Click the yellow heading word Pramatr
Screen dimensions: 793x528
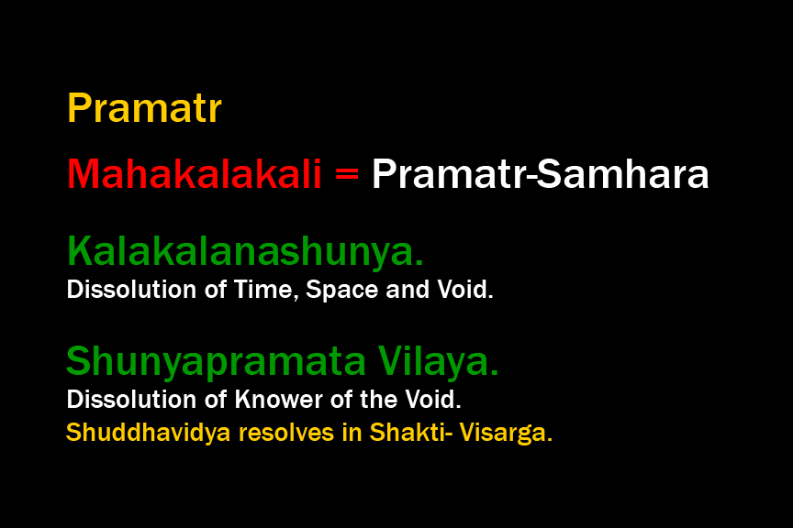[x=144, y=108]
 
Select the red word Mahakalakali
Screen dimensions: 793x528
[x=195, y=174]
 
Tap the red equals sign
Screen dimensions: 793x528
[x=347, y=174]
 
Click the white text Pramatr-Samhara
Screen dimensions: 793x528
[x=540, y=174]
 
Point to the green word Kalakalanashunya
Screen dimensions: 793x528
[x=245, y=250]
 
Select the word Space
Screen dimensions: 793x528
[x=342, y=290]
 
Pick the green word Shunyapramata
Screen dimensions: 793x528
[x=216, y=362]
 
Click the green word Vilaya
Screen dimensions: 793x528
[x=438, y=361]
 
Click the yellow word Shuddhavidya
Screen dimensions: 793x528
[x=148, y=433]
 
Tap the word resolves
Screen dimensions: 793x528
[x=286, y=433]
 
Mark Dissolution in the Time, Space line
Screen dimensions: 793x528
[x=131, y=290]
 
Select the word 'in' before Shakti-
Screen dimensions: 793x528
[x=352, y=433]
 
